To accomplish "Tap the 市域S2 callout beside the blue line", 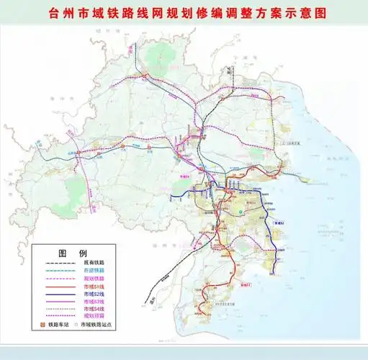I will [x=279, y=225].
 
